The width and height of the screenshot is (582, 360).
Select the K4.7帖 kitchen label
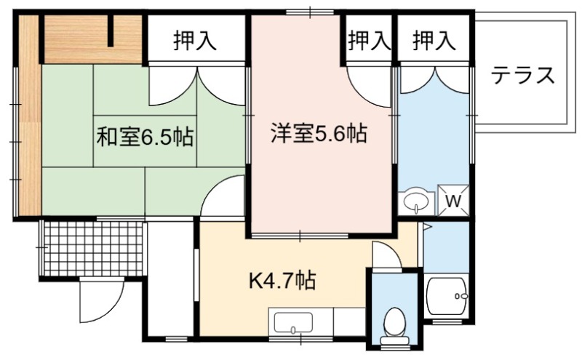[282, 281]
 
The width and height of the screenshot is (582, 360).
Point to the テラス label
[522, 76]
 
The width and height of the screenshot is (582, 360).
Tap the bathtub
[447, 296]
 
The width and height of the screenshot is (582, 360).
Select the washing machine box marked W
[453, 201]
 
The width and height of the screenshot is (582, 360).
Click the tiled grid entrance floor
[93, 248]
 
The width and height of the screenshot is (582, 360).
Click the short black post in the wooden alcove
[111, 31]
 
